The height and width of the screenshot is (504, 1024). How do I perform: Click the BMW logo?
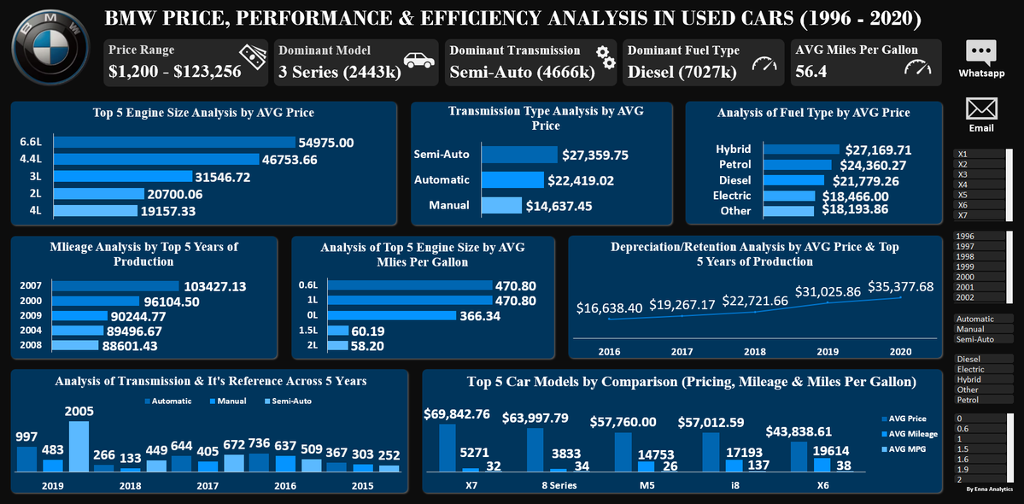50,50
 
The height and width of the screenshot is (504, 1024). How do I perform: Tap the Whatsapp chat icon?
980,53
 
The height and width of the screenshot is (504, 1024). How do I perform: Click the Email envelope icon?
981,108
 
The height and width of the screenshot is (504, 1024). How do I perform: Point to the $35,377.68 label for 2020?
901,286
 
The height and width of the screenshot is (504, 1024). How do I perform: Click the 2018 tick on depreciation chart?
754,351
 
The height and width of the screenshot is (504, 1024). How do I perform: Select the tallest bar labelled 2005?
79,446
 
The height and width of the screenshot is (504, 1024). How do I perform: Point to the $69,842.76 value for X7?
469,414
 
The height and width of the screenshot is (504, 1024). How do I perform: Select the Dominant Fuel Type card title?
683,50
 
